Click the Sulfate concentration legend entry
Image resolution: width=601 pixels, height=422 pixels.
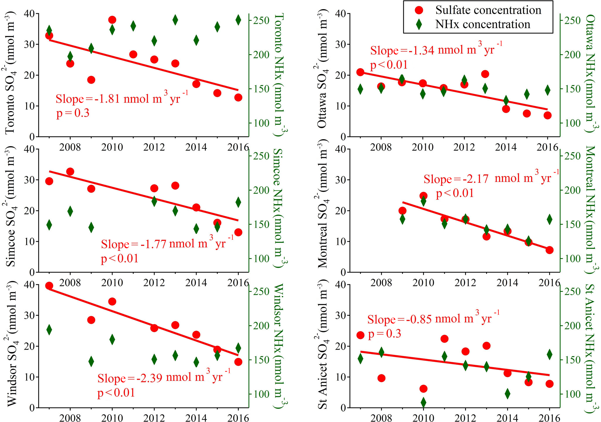coord(488,10)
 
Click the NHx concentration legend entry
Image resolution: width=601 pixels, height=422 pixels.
coord(483,24)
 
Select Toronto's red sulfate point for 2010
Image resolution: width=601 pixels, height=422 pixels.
coord(112,20)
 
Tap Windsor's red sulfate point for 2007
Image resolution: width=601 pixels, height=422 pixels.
coord(49,286)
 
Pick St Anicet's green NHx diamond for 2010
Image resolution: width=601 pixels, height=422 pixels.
coord(423,402)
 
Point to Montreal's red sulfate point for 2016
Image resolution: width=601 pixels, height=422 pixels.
coord(549,250)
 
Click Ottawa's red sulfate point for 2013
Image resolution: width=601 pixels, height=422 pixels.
coord(485,74)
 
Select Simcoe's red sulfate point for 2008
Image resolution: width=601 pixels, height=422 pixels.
coord(70,171)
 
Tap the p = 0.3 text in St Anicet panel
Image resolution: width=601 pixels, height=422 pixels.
coord(384,333)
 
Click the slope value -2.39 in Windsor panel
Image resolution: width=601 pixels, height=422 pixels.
coord(149,378)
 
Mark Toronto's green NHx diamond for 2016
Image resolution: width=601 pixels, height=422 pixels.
coord(238,20)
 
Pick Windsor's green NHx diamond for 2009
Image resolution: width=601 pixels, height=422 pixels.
coord(91,361)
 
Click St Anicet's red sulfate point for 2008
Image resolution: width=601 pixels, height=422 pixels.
coord(381,378)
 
